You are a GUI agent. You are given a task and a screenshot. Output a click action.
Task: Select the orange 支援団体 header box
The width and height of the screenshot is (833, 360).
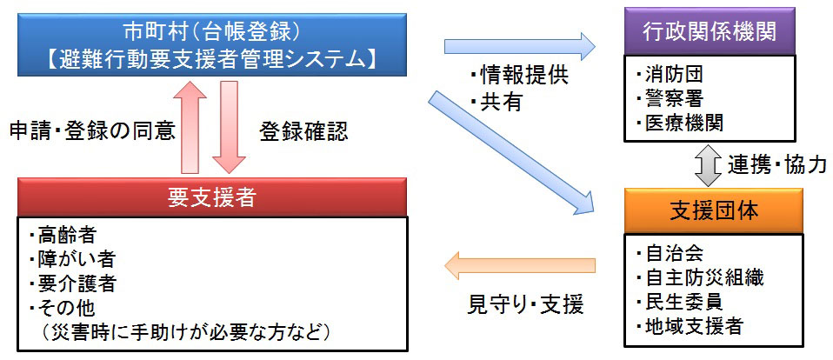pyautogui.click(x=712, y=210)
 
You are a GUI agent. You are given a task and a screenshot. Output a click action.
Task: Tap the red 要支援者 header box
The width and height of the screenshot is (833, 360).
pyautogui.click(x=212, y=197)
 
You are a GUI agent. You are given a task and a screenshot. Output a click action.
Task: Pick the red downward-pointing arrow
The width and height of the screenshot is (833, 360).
pyautogui.click(x=229, y=128)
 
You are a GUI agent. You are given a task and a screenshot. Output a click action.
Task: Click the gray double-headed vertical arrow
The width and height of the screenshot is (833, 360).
pyautogui.click(x=707, y=164)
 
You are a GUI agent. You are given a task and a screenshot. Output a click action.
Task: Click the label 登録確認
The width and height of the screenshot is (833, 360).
pyautogui.click(x=303, y=132)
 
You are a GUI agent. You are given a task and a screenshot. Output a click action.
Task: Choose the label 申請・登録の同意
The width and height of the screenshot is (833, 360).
pyautogui.click(x=92, y=132)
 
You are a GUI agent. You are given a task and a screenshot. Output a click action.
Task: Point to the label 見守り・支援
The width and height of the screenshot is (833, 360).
pyautogui.click(x=525, y=304)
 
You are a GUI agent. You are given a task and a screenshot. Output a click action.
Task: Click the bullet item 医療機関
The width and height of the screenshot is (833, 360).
pyautogui.click(x=679, y=123)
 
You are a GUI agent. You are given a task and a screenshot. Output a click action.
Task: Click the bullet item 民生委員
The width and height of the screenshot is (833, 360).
pyautogui.click(x=679, y=302)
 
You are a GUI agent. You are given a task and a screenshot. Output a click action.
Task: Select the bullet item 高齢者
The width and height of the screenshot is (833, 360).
pyautogui.click(x=63, y=236)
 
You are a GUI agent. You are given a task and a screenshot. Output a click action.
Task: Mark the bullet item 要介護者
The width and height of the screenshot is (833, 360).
pyautogui.click(x=73, y=283)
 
